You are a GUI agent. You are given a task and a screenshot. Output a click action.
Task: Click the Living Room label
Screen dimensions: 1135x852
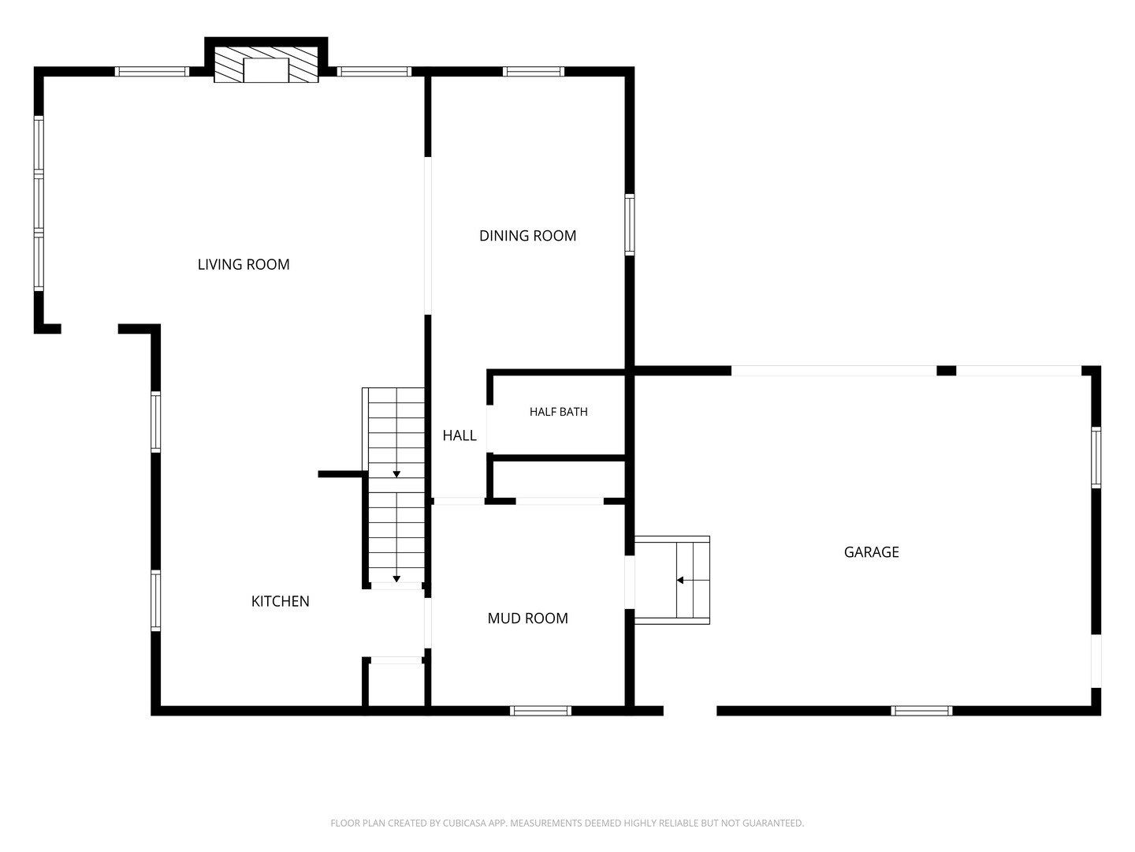[x=243, y=264]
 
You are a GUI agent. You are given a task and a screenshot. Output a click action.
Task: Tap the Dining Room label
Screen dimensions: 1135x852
[x=527, y=236]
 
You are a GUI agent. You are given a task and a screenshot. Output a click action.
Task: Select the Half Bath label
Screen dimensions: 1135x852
[x=559, y=412]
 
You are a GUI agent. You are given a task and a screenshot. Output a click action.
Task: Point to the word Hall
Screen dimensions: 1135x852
[x=460, y=435]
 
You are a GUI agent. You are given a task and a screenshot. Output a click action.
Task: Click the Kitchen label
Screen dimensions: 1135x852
[x=281, y=601]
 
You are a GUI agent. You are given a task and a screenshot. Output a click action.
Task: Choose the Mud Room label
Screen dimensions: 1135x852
[x=527, y=618]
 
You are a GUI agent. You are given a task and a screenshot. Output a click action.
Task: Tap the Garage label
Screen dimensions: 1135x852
[x=871, y=552]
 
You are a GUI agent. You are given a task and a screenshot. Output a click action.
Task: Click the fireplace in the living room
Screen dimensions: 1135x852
[x=266, y=64]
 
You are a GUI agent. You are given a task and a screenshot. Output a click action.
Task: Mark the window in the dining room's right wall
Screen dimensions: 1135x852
[x=629, y=225]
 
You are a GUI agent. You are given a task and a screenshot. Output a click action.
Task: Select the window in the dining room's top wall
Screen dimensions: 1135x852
[x=533, y=71]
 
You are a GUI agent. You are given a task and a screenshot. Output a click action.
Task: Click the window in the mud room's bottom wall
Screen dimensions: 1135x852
[x=541, y=711]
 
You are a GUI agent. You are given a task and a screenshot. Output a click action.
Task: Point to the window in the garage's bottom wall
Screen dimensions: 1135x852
[x=921, y=711]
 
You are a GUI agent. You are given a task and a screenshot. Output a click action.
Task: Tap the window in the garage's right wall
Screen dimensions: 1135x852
[x=1096, y=458]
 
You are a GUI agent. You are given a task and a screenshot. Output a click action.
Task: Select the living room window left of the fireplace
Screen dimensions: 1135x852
[x=151, y=71]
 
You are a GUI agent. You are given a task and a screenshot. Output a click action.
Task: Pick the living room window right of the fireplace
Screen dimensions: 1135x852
[x=374, y=71]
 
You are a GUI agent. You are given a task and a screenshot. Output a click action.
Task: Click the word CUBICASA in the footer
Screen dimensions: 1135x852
[x=462, y=823]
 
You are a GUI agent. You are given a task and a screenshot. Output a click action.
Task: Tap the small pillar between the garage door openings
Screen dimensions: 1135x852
[x=947, y=371]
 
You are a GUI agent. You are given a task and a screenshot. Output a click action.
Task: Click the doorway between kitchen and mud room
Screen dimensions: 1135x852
[x=428, y=623]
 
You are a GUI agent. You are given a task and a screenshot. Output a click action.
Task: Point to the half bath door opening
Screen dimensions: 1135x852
[x=489, y=429]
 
